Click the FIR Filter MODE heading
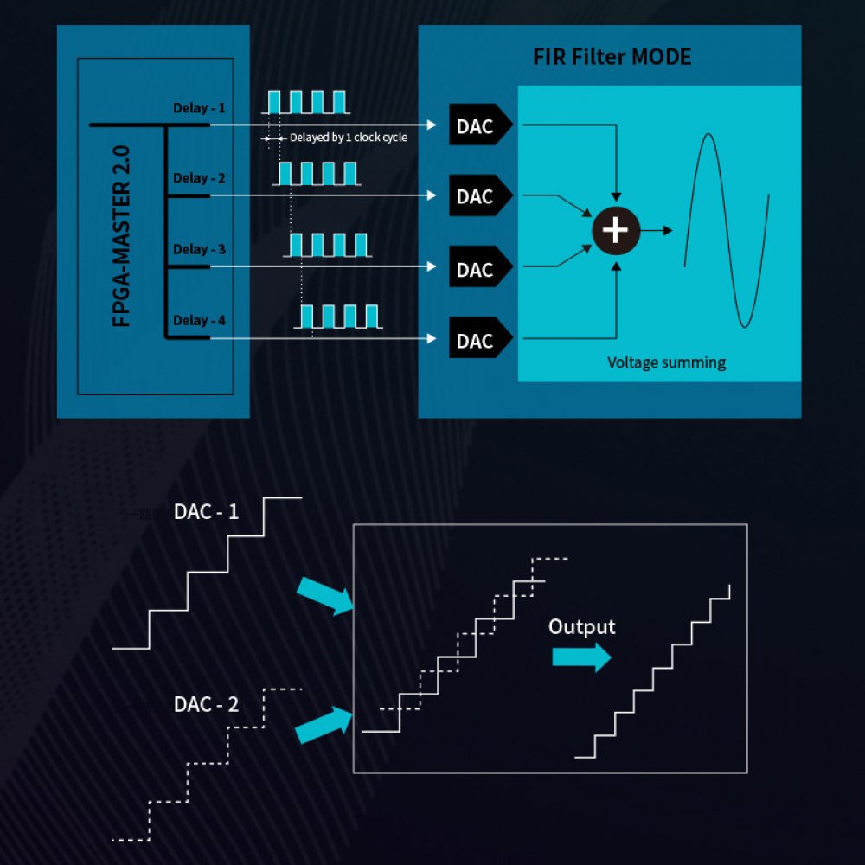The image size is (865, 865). [x=612, y=58]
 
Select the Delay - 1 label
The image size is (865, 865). [x=199, y=108]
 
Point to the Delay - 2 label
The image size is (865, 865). [x=199, y=178]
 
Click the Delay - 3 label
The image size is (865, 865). [x=199, y=249]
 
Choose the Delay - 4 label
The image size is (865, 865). [x=199, y=320]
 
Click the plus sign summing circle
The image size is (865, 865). [x=615, y=230]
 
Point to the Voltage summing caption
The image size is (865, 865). [x=666, y=362]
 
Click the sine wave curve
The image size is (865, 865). [x=727, y=229]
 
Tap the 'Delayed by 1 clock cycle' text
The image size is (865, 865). [x=349, y=138]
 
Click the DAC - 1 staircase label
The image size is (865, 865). [x=206, y=511]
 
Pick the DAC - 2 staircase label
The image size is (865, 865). [x=206, y=704]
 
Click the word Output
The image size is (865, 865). [x=582, y=626]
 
